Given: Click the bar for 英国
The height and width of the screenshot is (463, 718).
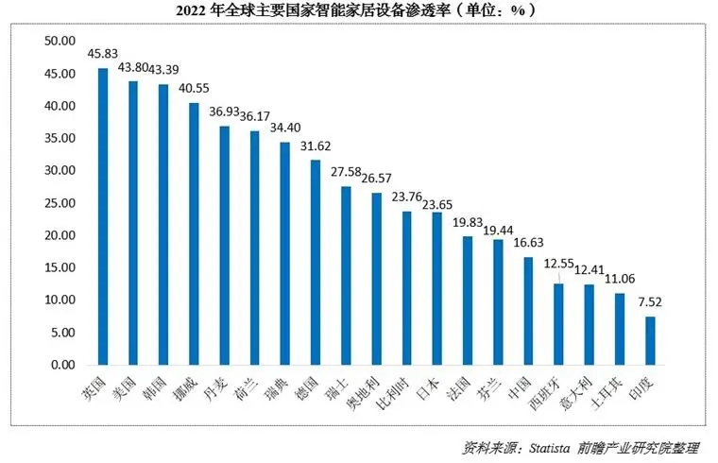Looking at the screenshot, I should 103,216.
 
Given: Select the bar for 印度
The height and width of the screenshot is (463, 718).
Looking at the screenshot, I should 650,340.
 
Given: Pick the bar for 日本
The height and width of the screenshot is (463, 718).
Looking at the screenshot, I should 436,288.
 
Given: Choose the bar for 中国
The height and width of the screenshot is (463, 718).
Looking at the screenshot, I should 528,311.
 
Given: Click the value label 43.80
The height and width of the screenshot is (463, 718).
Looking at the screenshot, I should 132,68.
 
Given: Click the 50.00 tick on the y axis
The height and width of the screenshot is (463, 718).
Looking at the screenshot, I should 59,42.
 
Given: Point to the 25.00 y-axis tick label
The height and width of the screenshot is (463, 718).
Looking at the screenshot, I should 59,203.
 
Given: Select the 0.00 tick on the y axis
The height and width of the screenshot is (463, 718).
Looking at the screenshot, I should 62,365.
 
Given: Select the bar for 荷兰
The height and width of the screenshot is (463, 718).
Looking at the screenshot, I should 255,248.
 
